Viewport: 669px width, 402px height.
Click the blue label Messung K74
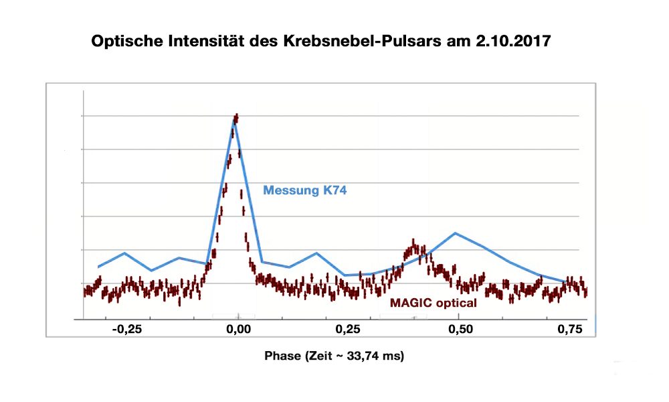(304, 190)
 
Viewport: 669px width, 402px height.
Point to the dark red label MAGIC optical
(433, 303)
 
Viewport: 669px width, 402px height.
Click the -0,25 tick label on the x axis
(126, 330)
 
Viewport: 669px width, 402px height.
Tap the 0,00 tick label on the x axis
(237, 330)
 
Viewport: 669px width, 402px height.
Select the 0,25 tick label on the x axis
(347, 330)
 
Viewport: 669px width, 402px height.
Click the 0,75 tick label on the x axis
(570, 330)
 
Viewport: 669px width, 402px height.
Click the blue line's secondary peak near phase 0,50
(455, 233)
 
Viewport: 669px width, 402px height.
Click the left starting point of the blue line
(98, 267)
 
